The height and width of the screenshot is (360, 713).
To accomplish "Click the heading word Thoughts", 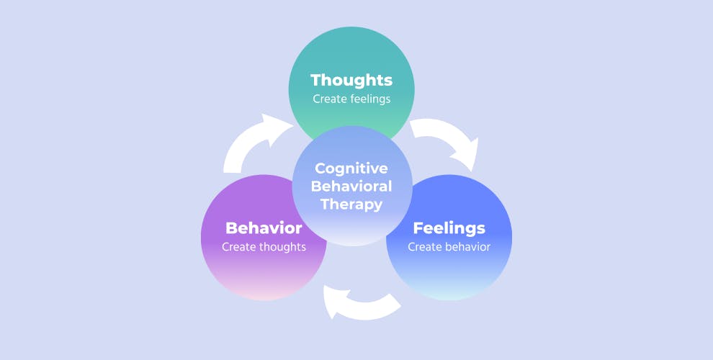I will point(351,80).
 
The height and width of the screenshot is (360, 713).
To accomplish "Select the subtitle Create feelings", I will point(351,99).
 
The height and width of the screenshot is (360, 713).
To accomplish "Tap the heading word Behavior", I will point(264,228).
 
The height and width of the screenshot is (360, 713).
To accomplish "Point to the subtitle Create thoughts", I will point(264,247).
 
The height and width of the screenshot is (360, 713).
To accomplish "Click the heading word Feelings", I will point(449,228).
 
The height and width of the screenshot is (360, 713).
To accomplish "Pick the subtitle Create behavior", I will point(449,247).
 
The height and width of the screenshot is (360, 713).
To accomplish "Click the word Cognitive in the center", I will point(351,168).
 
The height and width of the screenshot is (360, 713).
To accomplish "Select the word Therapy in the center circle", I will point(351,204).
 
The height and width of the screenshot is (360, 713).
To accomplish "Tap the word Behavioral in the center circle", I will point(351,186).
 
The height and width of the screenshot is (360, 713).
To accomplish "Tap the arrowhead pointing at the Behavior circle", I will point(333,298).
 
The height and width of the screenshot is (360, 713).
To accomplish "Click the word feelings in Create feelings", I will point(367,99).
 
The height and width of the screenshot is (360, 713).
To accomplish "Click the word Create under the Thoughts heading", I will point(328,99).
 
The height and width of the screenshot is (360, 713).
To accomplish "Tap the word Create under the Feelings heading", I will point(423,247).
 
